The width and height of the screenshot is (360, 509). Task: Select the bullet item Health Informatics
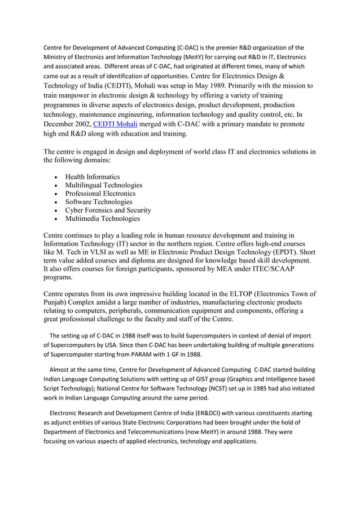click(92, 177)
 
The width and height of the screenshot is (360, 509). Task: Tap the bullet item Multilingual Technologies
click(103, 185)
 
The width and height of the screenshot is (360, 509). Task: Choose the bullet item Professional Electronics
click(100, 194)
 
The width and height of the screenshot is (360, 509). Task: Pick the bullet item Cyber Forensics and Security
click(108, 210)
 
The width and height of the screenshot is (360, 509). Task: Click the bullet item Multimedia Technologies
click(102, 218)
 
